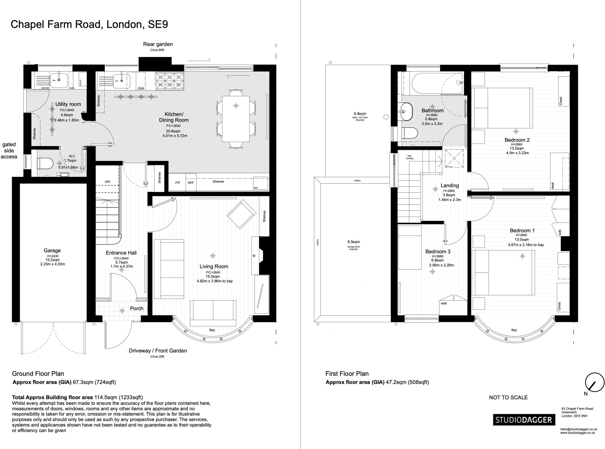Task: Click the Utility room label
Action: [x=68, y=104]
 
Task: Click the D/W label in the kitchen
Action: [x=141, y=88]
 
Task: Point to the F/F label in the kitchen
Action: [x=178, y=183]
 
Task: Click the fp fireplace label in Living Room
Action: [x=254, y=256]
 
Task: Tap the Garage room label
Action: [x=52, y=251]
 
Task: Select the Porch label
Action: [x=136, y=309]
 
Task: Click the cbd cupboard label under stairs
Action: [x=107, y=181]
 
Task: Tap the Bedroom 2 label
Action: [x=517, y=140]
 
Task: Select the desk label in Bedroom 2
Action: [x=553, y=185]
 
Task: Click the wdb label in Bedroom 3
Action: [x=444, y=303]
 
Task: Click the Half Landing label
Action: [x=409, y=157]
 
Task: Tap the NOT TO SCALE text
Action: [x=508, y=398]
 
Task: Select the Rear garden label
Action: [x=158, y=44]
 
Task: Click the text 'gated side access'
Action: [x=9, y=150]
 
